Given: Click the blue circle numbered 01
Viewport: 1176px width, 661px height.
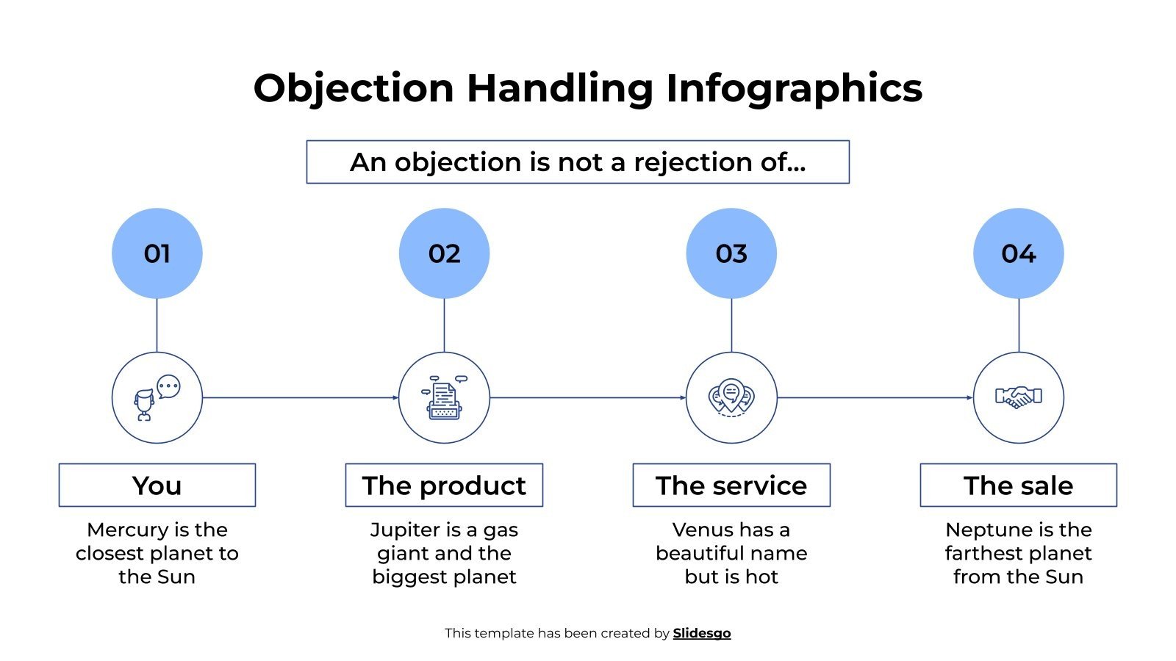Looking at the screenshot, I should click(157, 253).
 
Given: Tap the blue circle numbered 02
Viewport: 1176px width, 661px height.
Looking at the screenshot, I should click(444, 253).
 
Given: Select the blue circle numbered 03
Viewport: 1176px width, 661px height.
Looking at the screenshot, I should click(731, 253).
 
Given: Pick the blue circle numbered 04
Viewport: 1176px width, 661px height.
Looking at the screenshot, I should click(1019, 253).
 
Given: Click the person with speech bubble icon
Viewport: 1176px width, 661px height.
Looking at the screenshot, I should click(157, 397).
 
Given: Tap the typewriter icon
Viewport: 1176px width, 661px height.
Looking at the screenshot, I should click(444, 397).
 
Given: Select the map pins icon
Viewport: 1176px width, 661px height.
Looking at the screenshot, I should click(731, 397).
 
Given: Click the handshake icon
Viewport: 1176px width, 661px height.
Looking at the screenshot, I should click(1019, 397).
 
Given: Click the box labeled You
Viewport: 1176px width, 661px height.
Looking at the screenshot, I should click(157, 485).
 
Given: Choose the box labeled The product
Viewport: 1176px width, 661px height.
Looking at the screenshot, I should click(444, 485).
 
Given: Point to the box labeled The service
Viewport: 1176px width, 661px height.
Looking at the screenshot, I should click(731, 485).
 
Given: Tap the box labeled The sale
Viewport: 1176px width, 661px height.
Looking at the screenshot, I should click(1019, 485).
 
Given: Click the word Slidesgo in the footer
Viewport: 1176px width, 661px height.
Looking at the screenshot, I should click(702, 633).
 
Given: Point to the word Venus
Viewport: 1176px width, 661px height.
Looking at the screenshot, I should click(703, 530).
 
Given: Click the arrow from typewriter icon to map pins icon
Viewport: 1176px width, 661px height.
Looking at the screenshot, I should click(588, 398).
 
